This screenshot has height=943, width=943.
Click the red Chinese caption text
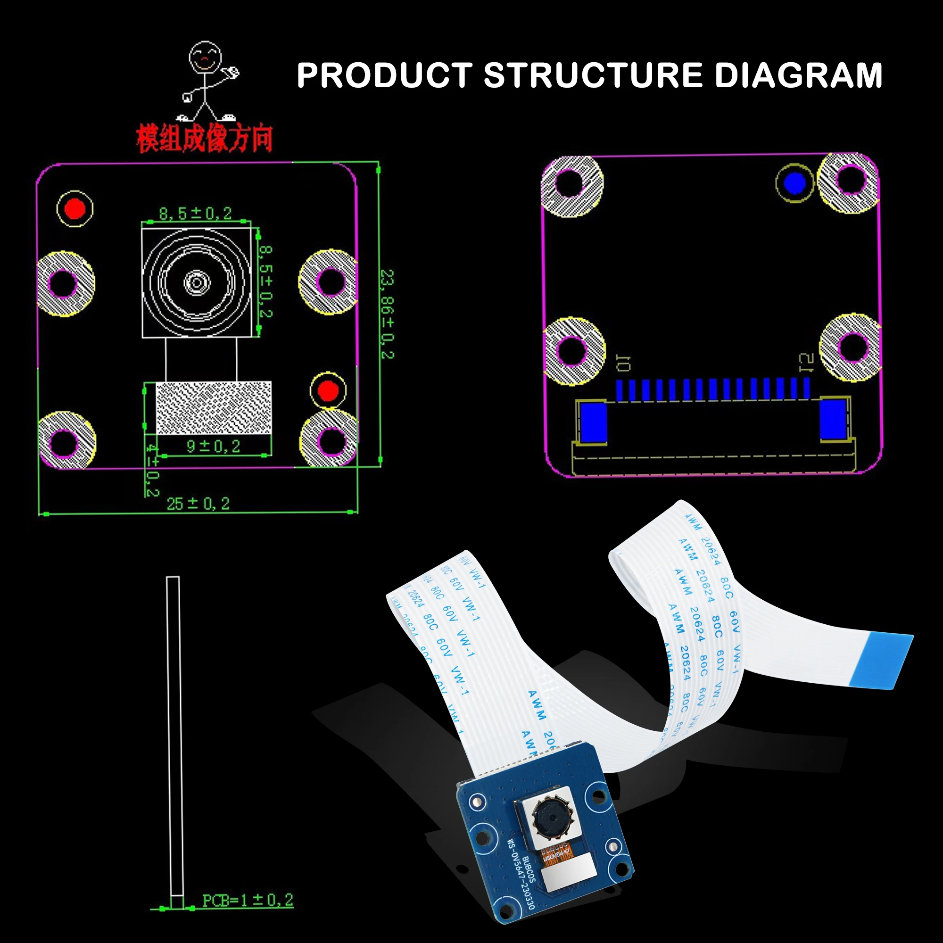pos(204,139)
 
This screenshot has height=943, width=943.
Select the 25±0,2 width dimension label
pos(198,504)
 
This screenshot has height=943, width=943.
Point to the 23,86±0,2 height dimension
pos(387,314)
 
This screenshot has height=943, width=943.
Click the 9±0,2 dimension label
pos(213,446)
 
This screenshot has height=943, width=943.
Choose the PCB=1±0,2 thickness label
pos(248,901)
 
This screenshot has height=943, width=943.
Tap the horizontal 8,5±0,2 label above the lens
pos(195,213)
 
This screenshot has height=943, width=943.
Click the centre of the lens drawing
pos(197,282)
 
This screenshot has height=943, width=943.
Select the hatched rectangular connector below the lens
pos(213,407)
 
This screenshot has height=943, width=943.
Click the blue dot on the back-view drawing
pos(794,183)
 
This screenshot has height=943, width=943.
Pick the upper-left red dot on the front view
pos(75,209)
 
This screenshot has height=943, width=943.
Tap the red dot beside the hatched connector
pos(328,390)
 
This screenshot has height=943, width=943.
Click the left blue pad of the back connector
pos(593,422)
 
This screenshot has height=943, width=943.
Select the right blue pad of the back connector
pos(833,419)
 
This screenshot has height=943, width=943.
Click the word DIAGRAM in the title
pos(799,75)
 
